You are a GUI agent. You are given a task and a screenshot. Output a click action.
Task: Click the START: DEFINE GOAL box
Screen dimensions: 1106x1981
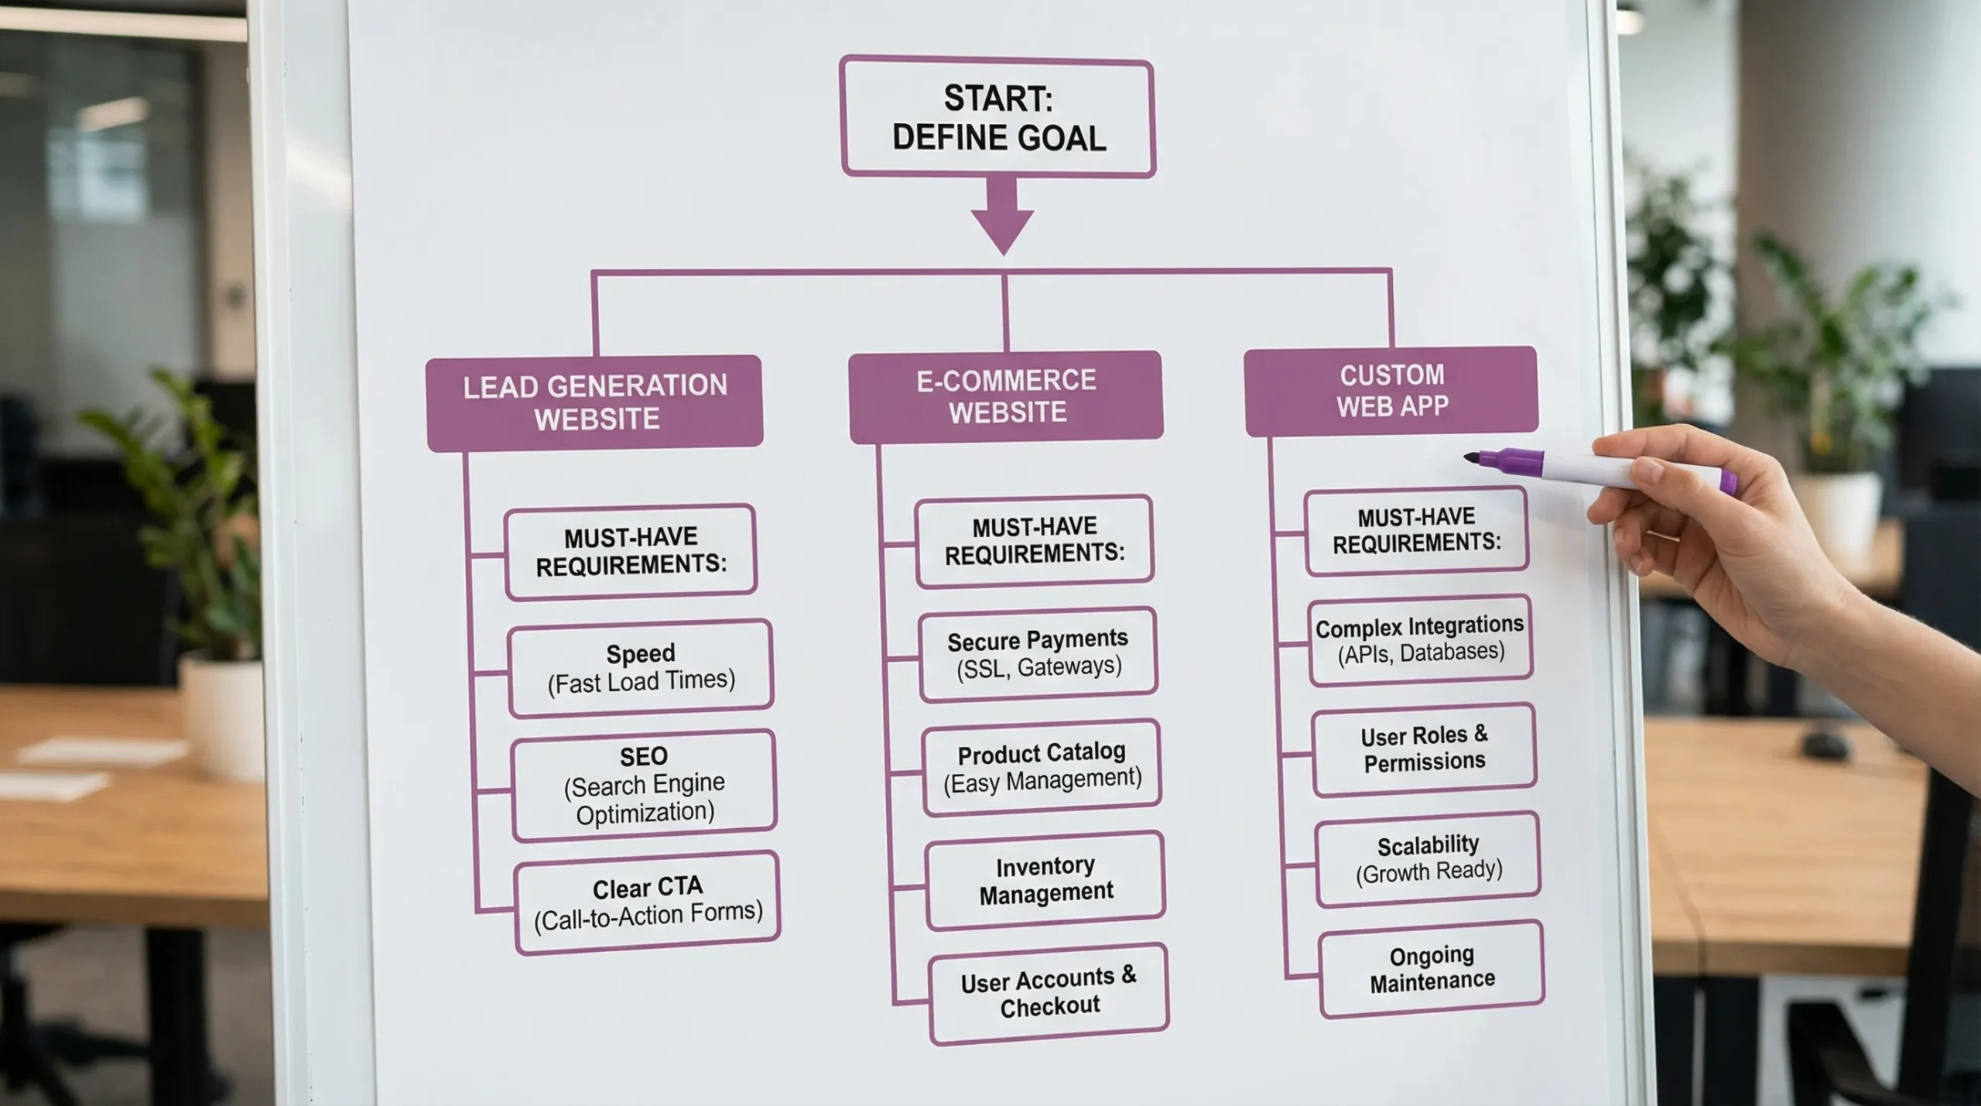click(x=997, y=118)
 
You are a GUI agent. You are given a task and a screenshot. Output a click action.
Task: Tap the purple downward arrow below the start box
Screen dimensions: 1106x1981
click(x=1002, y=217)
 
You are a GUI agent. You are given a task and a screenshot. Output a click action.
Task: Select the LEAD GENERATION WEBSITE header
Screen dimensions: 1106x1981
click(x=594, y=402)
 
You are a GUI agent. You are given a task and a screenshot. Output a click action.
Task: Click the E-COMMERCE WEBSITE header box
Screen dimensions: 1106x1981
click(x=1006, y=396)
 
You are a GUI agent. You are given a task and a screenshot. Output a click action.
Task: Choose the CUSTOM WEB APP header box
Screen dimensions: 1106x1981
click(x=1391, y=391)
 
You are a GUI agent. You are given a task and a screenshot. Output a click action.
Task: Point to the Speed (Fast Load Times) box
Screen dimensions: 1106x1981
click(x=641, y=667)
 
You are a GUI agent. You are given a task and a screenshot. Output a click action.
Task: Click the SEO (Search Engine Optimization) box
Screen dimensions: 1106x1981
click(x=644, y=784)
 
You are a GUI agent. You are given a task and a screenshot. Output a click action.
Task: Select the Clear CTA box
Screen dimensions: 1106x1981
click(x=648, y=901)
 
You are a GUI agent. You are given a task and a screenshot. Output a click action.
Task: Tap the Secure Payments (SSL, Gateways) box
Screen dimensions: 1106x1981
click(x=1038, y=653)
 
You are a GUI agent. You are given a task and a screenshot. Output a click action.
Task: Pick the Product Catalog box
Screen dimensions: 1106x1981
click(x=1042, y=767)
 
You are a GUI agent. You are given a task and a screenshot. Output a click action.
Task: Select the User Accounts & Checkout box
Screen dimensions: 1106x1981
click(x=1049, y=993)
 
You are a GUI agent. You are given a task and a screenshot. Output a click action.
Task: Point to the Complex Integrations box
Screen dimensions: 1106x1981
click(x=1420, y=639)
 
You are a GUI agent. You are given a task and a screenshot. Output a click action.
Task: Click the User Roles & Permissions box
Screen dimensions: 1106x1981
click(x=1424, y=748)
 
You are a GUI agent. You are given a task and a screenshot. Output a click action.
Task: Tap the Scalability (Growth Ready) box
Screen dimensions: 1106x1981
click(x=1428, y=858)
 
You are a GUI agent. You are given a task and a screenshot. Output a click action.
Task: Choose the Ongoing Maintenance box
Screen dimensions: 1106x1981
click(x=1432, y=968)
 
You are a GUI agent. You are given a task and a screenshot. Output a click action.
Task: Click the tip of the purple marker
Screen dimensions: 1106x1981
click(x=1468, y=457)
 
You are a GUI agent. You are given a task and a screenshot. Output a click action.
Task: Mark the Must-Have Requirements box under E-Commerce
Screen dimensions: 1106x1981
click(x=1035, y=540)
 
